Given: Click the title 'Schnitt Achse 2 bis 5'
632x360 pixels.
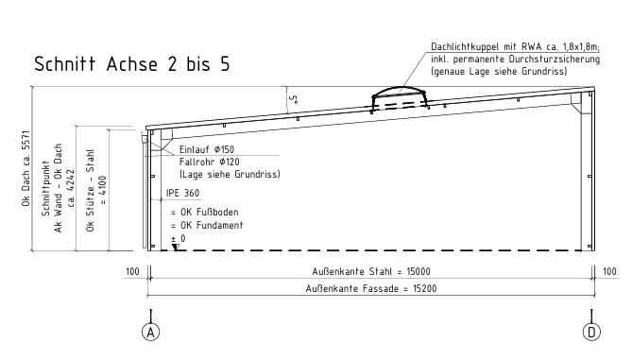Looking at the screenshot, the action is (x=132, y=64).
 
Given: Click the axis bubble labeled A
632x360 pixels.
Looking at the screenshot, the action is (x=151, y=333).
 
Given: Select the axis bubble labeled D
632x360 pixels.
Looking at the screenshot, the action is (x=591, y=333).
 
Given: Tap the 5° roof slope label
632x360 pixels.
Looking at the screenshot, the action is (x=294, y=99).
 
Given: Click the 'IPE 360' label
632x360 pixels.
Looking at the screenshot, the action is (x=183, y=193).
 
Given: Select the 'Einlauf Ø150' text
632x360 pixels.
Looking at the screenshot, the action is (x=207, y=149).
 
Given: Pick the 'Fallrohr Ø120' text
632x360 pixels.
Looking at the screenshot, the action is (x=210, y=163).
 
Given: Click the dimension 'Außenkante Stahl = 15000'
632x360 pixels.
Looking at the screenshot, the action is (x=371, y=272).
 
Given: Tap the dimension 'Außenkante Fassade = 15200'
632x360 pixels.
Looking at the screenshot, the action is (x=371, y=288).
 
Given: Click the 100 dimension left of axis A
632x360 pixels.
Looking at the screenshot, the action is (x=132, y=272).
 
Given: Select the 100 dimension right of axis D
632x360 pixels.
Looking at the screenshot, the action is (x=610, y=272).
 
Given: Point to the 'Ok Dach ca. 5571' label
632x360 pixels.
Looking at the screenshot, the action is (x=26, y=168).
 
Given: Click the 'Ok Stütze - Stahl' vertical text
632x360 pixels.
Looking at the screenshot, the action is (x=90, y=190).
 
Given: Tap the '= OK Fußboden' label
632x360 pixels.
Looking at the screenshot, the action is (x=205, y=212).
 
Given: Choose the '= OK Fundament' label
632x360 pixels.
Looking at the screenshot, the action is (x=207, y=225).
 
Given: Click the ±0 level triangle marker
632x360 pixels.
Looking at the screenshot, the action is (x=176, y=248).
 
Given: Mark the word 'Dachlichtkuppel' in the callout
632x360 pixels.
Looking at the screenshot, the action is (x=462, y=47).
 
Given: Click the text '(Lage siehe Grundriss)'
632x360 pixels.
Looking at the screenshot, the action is (x=230, y=175).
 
